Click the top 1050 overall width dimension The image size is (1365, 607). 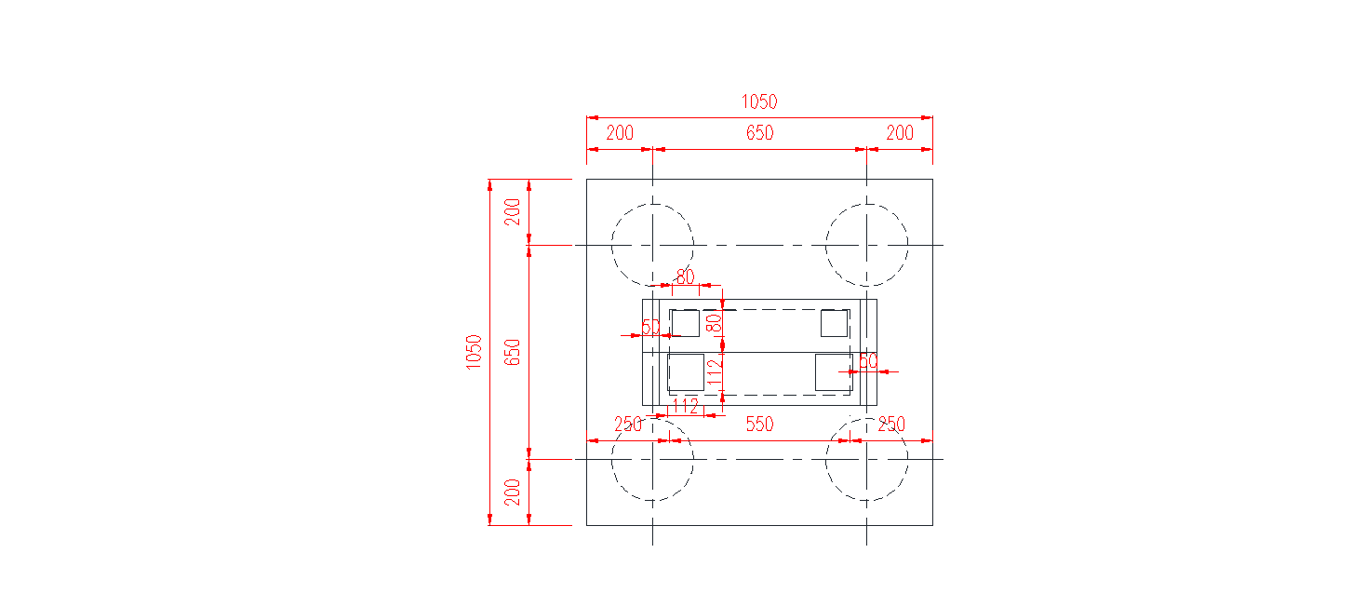(758, 101)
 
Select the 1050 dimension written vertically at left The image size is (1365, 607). (474, 352)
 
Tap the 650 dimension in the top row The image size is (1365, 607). (759, 133)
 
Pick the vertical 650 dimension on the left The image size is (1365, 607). (513, 352)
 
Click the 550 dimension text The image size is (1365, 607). (759, 425)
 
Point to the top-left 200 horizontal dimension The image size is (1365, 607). (620, 133)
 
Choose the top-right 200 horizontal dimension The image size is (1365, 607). (900, 133)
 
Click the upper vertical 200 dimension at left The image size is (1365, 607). (513, 212)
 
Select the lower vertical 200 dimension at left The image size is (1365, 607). (513, 492)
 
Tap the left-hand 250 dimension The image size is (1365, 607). (628, 425)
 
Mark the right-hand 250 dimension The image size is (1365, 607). (891, 425)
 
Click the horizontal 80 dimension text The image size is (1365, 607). (685, 277)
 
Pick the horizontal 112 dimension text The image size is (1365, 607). (685, 406)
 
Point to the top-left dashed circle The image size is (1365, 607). (652, 245)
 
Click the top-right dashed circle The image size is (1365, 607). (866, 245)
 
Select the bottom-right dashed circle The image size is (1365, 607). (866, 459)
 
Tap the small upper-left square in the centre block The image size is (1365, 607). (685, 323)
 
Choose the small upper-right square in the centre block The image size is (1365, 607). (834, 323)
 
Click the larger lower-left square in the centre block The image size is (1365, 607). (685, 372)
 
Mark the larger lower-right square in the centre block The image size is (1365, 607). (833, 372)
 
